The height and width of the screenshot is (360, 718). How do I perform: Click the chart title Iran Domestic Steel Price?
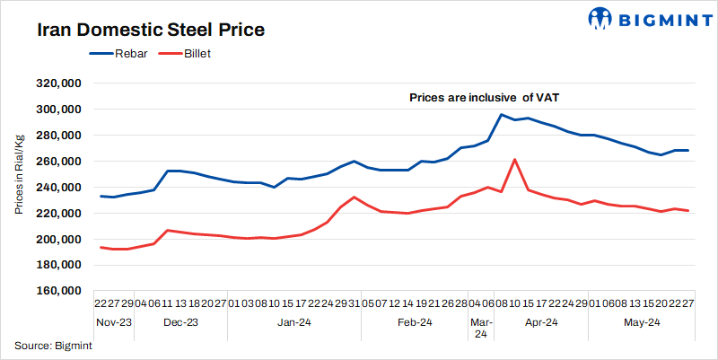click(150, 31)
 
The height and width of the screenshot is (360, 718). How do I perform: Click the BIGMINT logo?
click(640, 19)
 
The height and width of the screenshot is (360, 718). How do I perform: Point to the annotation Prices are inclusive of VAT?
click(485, 97)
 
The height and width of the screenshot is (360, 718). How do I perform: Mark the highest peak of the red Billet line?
click(514, 159)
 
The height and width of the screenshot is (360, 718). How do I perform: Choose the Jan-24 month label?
click(293, 321)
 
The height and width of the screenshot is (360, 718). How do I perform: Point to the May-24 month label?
click(642, 321)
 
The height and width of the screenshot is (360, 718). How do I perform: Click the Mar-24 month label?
click(481, 328)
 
